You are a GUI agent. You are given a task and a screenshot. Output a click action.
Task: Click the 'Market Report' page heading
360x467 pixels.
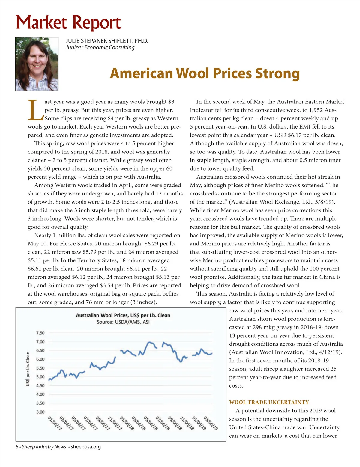(x=68, y=23)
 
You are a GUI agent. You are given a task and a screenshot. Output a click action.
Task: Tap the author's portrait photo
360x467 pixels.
(x=37, y=64)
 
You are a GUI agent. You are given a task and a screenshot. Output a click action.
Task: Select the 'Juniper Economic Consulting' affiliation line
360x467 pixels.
(x=100, y=48)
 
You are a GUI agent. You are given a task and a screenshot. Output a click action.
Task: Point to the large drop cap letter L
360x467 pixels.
(x=35, y=110)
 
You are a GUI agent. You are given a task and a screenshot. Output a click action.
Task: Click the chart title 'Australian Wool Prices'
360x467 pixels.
(x=123, y=315)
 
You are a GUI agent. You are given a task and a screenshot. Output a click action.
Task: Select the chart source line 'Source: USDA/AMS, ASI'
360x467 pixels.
(x=123, y=322)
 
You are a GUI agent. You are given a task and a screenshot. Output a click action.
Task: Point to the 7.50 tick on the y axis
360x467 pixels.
(x=40, y=333)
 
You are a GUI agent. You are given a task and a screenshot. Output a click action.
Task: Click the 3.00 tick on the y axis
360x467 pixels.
(x=40, y=412)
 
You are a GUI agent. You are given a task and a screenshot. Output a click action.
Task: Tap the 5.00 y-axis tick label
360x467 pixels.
(x=40, y=377)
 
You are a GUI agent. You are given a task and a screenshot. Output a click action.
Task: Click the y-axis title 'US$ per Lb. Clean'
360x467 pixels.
(x=28, y=369)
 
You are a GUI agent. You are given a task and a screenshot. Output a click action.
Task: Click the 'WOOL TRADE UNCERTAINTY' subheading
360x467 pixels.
(x=269, y=402)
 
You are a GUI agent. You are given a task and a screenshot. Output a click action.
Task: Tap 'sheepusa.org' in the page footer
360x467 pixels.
(x=86, y=447)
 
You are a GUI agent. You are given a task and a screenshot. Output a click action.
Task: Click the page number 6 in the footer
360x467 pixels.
(x=17, y=447)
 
